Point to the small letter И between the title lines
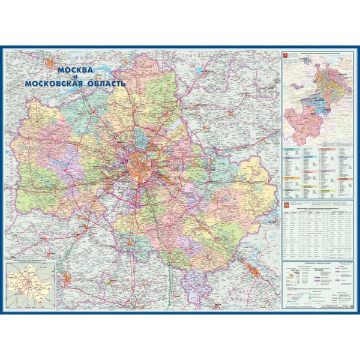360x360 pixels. pyautogui.click(x=76, y=78)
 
